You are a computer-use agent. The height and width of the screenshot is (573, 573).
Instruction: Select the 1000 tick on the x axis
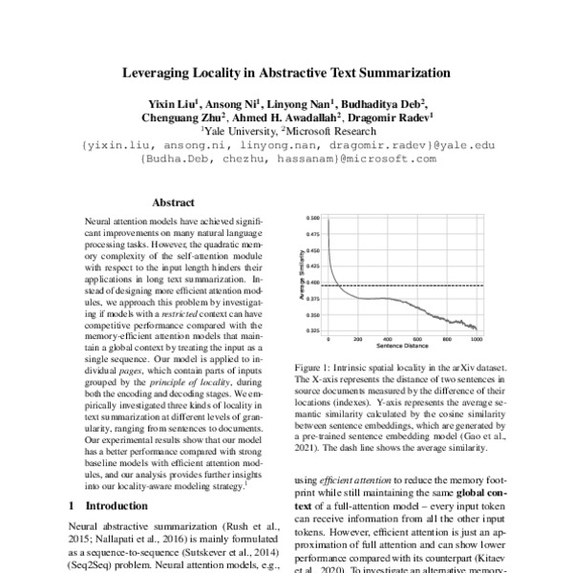click(x=476, y=340)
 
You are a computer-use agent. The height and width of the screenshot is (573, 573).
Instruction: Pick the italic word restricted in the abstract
click(x=180, y=312)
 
